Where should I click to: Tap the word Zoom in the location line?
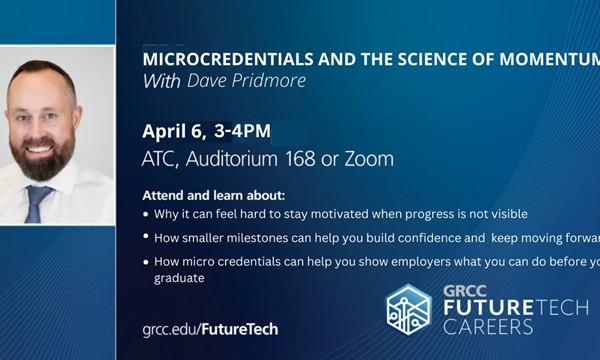(x=369, y=159)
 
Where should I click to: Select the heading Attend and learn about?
(x=213, y=194)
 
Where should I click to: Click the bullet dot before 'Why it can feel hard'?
(x=146, y=214)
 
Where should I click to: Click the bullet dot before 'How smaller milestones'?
(x=146, y=237)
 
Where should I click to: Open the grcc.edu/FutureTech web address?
(x=210, y=328)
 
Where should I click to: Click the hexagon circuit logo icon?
(x=408, y=308)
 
